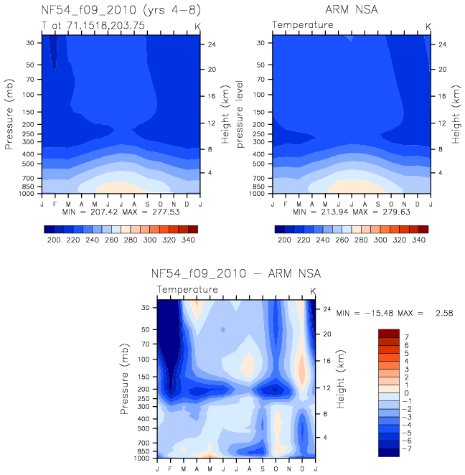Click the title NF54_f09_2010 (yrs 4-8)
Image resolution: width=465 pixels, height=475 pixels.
(121, 10)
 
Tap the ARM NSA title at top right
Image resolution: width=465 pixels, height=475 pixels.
(352, 10)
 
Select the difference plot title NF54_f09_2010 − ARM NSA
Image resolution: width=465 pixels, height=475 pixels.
(235, 274)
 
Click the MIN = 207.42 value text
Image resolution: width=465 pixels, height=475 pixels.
(90, 212)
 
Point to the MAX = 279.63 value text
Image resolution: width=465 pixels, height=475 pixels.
(381, 212)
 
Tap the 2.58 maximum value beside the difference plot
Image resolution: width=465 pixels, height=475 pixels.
(444, 313)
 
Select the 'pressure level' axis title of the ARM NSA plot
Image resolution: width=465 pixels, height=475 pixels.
(240, 115)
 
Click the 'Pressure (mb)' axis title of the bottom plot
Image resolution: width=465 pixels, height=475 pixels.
(124, 379)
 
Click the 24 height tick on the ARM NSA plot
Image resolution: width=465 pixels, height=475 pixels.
(442, 44)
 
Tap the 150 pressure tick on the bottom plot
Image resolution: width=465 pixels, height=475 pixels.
(146, 377)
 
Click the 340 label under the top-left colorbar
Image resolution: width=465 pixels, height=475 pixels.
(188, 240)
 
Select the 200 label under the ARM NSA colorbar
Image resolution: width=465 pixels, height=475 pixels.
(284, 240)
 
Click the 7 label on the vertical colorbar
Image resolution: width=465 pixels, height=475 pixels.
(407, 337)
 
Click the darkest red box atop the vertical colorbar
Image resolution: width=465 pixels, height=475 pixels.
(389, 334)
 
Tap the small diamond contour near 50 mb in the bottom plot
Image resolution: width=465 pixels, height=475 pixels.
(223, 329)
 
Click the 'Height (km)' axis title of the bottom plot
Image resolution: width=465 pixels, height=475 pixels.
(340, 379)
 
